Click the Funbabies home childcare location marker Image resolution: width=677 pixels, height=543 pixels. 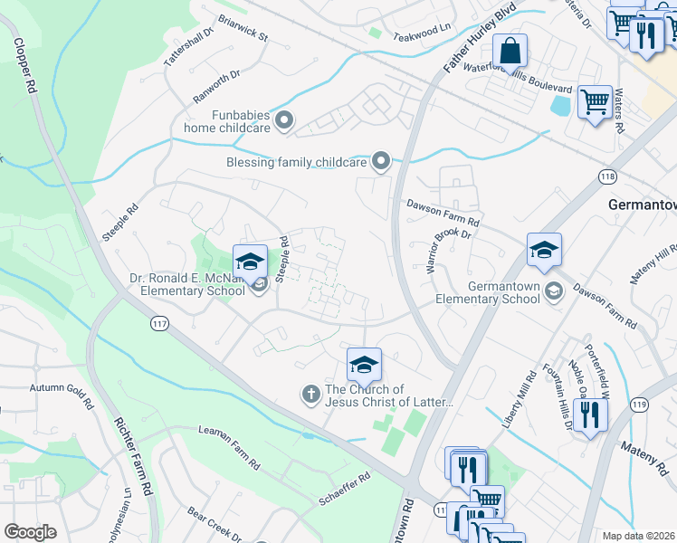285,120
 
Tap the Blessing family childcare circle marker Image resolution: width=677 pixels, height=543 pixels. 381,162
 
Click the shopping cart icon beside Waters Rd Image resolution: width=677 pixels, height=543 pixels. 595,101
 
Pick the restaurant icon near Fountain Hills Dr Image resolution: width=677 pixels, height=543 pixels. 589,415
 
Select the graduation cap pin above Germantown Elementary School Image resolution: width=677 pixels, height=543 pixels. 545,250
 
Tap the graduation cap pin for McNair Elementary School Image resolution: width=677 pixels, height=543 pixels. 251,262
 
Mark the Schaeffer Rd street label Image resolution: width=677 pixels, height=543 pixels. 344,487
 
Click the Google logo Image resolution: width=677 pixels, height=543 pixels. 31,532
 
